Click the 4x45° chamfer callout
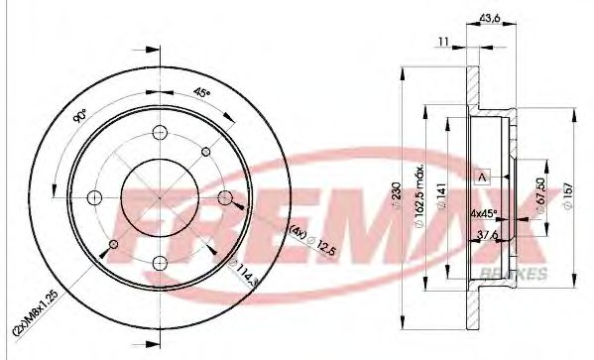pos(485,212)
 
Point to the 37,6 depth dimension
pos(489,235)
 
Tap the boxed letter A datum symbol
pos(483,175)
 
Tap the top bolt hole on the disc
pos(160,130)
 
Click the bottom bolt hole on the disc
pos(160,262)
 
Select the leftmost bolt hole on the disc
pos(94,195)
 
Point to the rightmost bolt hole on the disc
pos(225,195)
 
